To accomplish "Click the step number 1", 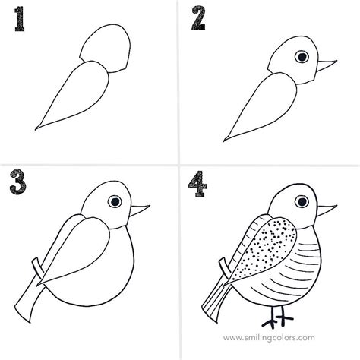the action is coord(20,19).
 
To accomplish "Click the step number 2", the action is coord(198,18).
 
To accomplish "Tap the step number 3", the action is coord(18,182).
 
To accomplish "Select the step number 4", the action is coord(197,184).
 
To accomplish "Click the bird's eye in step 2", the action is coord(302,56).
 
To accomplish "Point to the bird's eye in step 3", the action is coord(115,201).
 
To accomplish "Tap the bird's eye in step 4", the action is coord(302,202).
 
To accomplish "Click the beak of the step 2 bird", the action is coord(326,65).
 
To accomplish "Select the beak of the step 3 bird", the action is coord(139,210).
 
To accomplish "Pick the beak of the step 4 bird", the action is coord(326,210).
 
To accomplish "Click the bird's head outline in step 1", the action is coord(106,48).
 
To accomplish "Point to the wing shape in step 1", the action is coord(74,95).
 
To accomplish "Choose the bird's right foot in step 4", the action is coord(283,317).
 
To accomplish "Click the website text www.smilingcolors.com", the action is coord(269,338).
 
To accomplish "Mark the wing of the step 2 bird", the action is coord(261,106).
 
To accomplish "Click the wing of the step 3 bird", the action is coord(74,252).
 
